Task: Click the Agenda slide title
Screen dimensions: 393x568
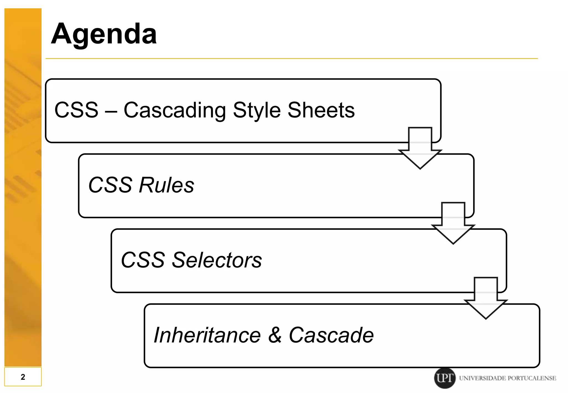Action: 104,34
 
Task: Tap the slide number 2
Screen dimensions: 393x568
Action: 23,377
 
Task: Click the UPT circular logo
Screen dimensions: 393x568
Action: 445,378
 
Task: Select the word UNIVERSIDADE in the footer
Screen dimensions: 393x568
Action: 482,378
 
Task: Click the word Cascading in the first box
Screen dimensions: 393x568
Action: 175,110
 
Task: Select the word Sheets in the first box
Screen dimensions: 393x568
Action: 321,110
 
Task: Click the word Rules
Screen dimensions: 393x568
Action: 166,185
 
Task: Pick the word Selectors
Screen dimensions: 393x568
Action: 217,260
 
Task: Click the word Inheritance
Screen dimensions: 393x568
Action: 207,335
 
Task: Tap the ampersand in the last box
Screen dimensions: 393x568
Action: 275,335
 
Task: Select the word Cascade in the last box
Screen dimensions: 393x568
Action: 331,335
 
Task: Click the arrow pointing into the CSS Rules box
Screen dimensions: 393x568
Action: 420,150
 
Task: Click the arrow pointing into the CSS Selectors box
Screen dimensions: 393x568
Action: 453,224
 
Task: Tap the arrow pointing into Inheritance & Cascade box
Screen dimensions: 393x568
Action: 486,300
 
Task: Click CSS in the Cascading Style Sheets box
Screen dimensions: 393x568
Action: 76,110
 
